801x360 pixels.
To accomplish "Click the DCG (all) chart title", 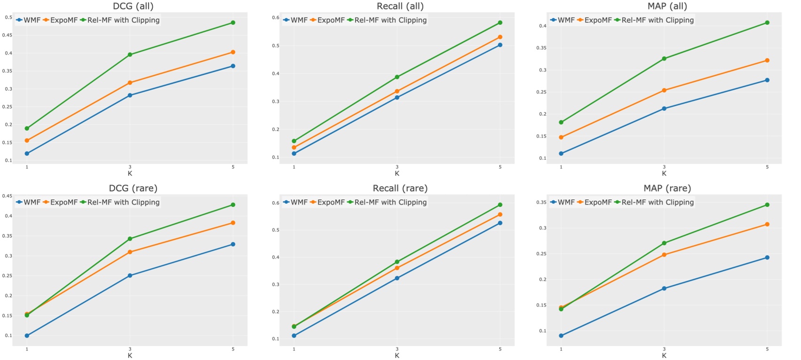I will [x=133, y=6].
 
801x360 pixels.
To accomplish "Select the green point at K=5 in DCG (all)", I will [x=233, y=23].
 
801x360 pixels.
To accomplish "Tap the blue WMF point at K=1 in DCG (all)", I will [x=27, y=154].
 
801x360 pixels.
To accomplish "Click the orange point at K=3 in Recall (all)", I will [x=397, y=92].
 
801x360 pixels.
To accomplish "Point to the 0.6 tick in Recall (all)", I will [x=275, y=18].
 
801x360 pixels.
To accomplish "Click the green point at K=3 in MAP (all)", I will [x=664, y=59].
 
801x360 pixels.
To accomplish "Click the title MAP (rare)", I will [x=667, y=188].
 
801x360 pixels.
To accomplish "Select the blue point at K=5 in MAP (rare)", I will [x=767, y=258].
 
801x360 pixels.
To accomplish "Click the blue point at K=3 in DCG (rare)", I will [x=130, y=275].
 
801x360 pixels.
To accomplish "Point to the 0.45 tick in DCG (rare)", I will [x=8, y=196].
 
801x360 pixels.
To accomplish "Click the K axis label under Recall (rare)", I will [x=397, y=356].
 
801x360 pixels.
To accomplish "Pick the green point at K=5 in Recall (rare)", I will [x=500, y=205].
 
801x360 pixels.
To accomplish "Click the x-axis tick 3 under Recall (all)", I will [x=397, y=167].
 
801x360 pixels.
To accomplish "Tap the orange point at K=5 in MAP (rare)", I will [x=767, y=224].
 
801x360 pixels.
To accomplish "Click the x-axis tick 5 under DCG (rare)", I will [x=233, y=349].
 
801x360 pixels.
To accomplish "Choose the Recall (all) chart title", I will [x=400, y=6].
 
